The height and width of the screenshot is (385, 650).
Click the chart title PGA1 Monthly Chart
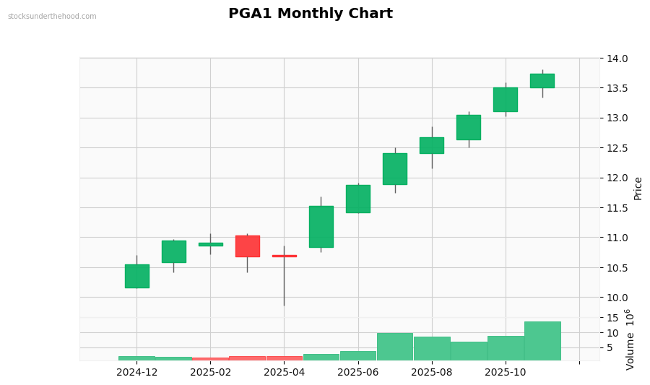(311, 14)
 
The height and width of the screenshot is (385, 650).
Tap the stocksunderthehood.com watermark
(52, 17)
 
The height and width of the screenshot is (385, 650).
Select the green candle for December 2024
(137, 276)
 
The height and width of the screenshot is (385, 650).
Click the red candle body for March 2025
(247, 246)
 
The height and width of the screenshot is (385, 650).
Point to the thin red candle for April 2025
(284, 256)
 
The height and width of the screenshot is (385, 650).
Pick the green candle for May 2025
(321, 227)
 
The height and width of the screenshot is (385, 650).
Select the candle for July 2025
(395, 169)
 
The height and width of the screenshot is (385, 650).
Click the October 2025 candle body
(506, 100)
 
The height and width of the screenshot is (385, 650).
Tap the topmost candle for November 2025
(542, 81)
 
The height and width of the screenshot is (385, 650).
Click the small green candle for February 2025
(210, 244)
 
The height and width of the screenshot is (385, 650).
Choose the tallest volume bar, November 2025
(542, 341)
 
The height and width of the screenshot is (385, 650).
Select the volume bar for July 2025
(395, 347)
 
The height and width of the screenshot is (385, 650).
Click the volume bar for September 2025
(469, 351)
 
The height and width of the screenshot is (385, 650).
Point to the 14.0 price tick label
(617, 59)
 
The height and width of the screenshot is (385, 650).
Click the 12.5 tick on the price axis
(617, 148)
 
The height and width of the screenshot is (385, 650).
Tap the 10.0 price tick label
(617, 298)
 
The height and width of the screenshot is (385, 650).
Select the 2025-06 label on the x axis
(358, 373)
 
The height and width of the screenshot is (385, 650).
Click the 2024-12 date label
(137, 373)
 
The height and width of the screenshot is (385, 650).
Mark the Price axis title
(638, 188)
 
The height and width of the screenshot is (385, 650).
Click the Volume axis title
(630, 339)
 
